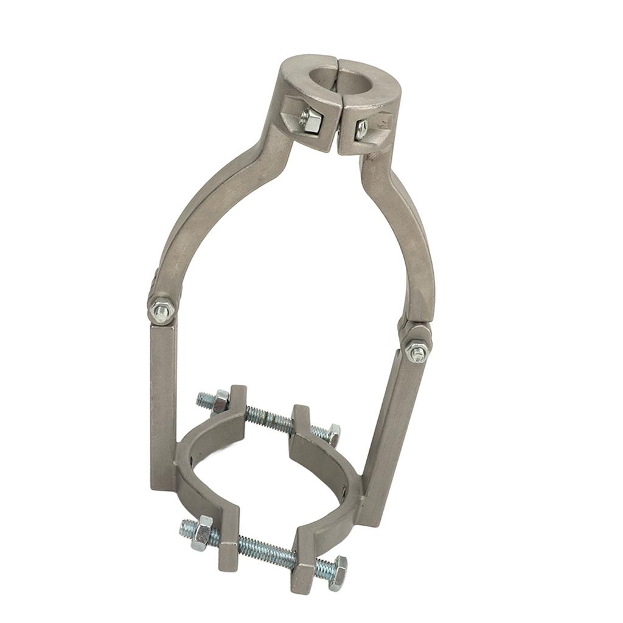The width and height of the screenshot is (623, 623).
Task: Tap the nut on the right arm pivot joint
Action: tap(417, 351)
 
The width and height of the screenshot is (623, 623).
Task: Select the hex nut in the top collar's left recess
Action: tap(310, 120)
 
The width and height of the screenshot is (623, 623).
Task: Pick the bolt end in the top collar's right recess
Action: tap(361, 128)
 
